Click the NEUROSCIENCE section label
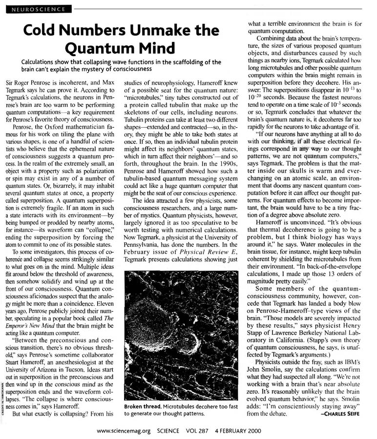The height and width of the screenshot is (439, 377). [37, 9]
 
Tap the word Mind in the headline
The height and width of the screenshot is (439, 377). [155, 49]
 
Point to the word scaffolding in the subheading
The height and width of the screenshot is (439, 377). [181, 62]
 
